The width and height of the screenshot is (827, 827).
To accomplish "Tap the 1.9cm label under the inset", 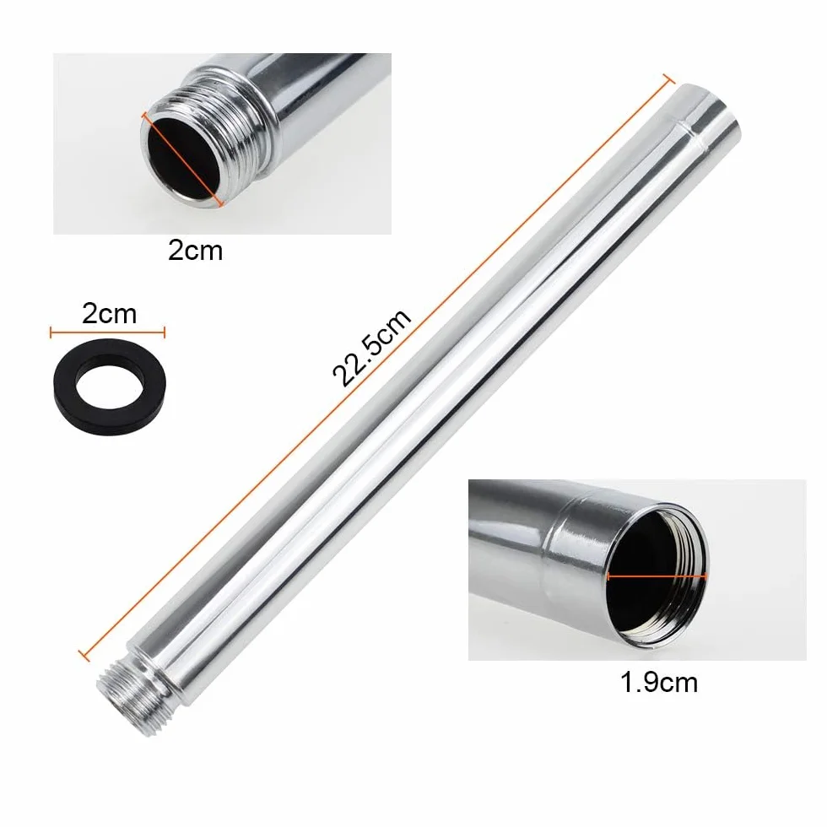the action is [659, 682].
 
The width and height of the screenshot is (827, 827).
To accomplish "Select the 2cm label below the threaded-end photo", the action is [195, 250].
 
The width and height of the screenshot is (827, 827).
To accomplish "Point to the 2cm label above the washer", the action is [109, 314].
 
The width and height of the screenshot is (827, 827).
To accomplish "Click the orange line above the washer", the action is [108, 332].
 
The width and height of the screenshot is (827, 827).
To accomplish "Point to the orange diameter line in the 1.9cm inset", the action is [657, 577].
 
